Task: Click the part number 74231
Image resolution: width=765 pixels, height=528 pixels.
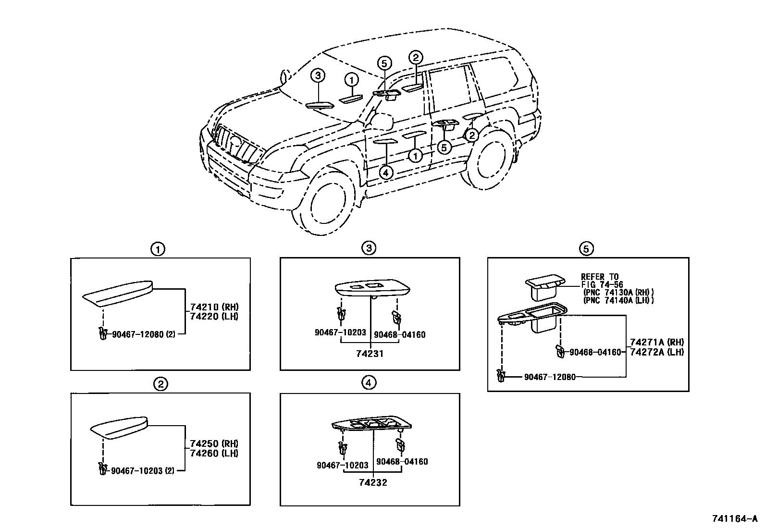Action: [370, 354]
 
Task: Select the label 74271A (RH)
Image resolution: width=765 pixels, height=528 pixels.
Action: [657, 342]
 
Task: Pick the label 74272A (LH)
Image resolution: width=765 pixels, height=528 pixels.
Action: [657, 352]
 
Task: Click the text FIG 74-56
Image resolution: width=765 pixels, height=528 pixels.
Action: [602, 285]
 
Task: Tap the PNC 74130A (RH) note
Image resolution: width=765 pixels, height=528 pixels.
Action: [619, 293]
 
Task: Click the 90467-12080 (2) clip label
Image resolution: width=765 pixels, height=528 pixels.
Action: [143, 334]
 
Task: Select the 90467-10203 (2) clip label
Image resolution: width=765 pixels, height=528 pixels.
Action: [142, 471]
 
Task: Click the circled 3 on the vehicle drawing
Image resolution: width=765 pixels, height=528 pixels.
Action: [318, 75]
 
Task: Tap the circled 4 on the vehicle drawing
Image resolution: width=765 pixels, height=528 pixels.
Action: [386, 172]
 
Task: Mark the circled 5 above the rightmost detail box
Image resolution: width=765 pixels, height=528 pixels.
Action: [586, 248]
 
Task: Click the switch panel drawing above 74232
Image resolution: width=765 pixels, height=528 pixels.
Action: [371, 423]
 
